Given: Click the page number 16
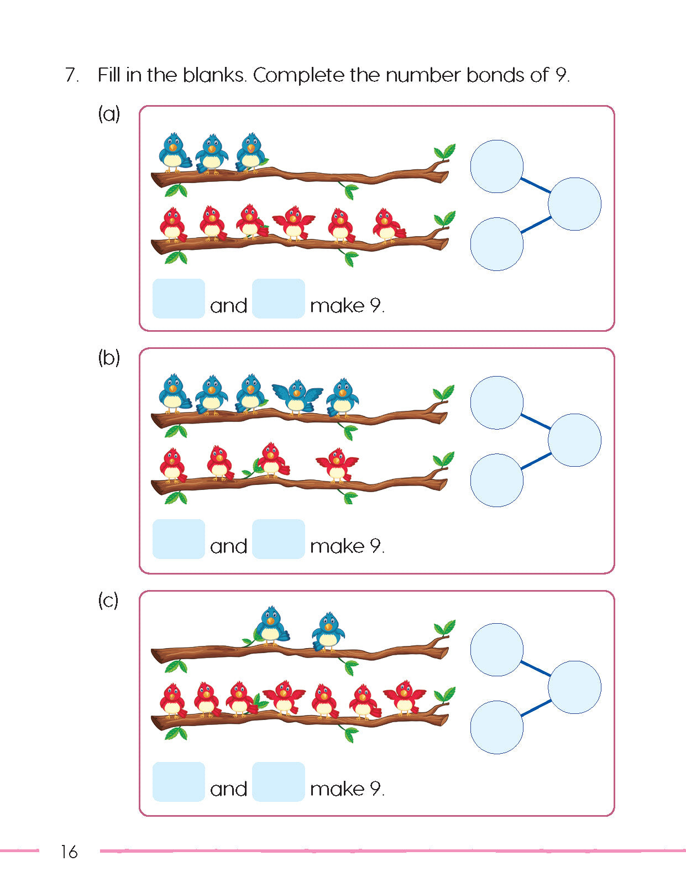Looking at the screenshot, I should tap(69, 852).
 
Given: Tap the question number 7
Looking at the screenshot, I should tap(72, 75).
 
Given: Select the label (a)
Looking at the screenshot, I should tap(109, 114).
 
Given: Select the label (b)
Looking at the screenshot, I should tap(109, 357).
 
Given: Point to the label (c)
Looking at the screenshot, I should tap(108, 600).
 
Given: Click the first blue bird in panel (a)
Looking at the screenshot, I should tap(174, 152).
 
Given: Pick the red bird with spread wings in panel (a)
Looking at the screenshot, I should tap(294, 223).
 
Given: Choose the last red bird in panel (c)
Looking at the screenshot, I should tap(405, 697).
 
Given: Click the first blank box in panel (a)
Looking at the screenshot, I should tap(179, 299).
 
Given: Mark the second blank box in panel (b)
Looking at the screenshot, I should tap(279, 539).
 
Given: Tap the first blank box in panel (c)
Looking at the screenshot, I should tap(179, 781).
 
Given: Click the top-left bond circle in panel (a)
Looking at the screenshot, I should tap(496, 166).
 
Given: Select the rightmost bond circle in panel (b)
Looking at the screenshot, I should tap(574, 440).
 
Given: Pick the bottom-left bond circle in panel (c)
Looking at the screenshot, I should tap(496, 727).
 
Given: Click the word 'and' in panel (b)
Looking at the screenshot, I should tap(228, 546).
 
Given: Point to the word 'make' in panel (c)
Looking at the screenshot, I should tap(337, 789).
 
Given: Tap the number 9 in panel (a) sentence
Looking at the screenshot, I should tap(376, 305).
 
